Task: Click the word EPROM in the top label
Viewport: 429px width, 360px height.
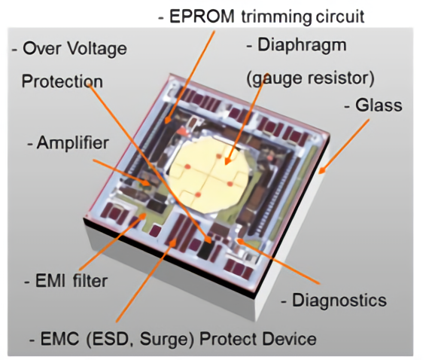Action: tap(202, 17)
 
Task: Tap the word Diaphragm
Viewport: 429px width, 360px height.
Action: tap(302, 45)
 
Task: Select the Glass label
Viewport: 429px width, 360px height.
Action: tap(379, 105)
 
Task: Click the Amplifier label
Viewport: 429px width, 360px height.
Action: tap(73, 142)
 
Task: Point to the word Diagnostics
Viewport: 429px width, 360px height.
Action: tap(339, 301)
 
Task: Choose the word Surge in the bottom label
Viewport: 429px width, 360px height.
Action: tap(166, 340)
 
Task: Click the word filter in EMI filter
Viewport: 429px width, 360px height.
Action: tap(90, 281)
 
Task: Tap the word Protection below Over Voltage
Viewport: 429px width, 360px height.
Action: tap(62, 81)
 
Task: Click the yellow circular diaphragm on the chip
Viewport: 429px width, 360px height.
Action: tap(209, 175)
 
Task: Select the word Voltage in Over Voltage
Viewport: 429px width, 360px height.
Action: tap(97, 49)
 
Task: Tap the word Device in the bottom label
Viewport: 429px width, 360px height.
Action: tap(287, 340)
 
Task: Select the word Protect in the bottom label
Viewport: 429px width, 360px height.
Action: tap(227, 340)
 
